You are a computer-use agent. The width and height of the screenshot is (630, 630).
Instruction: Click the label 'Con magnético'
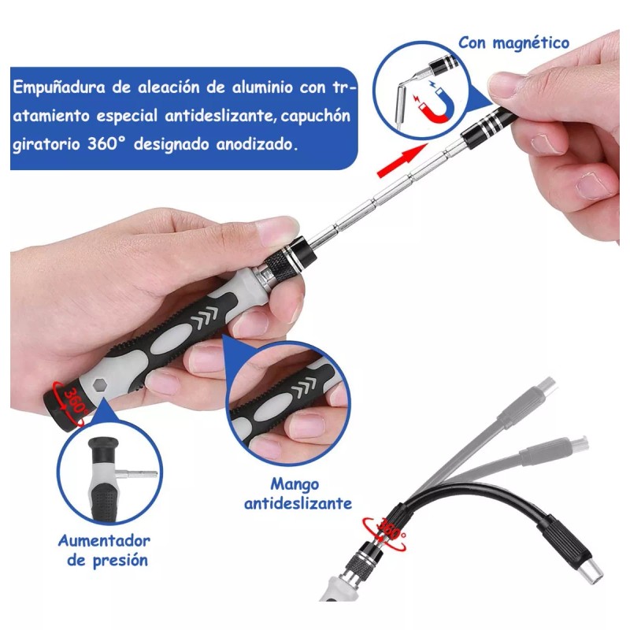click(513, 43)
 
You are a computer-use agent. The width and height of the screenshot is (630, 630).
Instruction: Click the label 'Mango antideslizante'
click(298, 493)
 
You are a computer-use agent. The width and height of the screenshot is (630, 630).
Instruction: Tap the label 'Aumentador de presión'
click(103, 550)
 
